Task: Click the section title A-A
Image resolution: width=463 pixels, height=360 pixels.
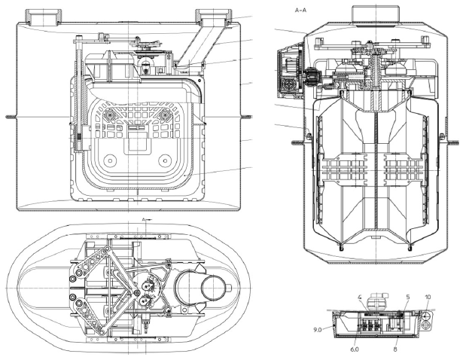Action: [300, 11]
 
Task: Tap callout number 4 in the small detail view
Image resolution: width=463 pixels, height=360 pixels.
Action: [360, 297]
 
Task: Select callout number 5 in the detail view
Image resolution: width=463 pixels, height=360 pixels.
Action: [408, 297]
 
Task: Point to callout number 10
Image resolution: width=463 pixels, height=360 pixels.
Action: [428, 297]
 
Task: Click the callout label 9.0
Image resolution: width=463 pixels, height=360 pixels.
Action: [318, 330]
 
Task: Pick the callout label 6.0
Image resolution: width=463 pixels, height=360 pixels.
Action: [355, 349]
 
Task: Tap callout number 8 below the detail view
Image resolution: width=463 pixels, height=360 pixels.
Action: [395, 349]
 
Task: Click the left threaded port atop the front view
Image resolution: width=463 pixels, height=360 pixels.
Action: [43, 17]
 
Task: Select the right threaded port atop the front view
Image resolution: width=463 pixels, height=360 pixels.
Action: [214, 17]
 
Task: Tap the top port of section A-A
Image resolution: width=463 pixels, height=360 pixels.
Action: [376, 15]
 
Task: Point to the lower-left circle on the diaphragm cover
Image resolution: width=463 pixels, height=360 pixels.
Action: [110, 160]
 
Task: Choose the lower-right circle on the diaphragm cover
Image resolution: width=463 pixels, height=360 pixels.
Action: [165, 160]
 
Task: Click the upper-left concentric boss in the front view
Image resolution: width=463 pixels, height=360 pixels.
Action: [111, 114]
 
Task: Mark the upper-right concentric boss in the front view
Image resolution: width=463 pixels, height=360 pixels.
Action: [164, 114]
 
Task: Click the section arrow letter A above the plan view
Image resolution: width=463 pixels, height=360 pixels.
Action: [144, 219]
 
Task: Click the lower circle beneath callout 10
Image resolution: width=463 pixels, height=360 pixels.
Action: [425, 325]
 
